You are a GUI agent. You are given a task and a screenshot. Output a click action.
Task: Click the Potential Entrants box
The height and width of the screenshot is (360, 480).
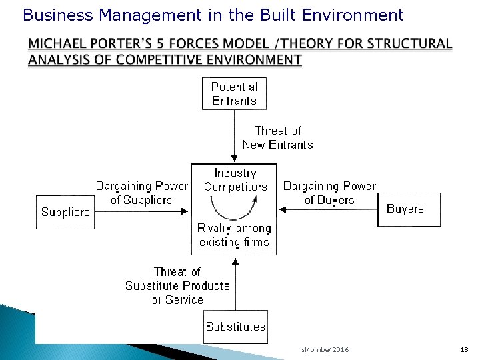click(233, 93)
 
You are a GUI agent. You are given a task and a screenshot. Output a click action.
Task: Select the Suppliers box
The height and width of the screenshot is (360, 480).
click(65, 212)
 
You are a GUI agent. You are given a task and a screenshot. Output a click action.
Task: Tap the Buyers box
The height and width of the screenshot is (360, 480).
click(405, 209)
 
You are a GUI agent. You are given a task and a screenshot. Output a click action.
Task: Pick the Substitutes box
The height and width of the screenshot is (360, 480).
click(235, 327)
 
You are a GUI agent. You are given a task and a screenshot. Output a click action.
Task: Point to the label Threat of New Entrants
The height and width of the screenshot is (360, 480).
click(277, 137)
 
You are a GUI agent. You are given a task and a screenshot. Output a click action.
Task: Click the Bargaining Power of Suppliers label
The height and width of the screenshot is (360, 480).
click(142, 192)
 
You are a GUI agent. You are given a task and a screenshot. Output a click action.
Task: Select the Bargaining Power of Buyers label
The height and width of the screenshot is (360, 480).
click(329, 192)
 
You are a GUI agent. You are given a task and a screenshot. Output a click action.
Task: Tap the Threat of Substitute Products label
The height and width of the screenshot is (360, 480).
click(177, 285)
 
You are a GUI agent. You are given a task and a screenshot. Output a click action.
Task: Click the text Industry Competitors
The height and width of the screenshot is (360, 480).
click(235, 180)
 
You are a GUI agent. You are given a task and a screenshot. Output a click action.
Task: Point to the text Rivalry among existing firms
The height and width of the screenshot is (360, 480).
click(233, 235)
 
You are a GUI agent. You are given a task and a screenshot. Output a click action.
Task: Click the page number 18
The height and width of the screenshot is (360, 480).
click(464, 350)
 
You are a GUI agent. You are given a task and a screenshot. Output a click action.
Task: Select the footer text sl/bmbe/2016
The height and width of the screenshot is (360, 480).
click(325, 350)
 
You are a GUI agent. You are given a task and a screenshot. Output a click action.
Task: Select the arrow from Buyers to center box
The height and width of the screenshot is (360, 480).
click(327, 210)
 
